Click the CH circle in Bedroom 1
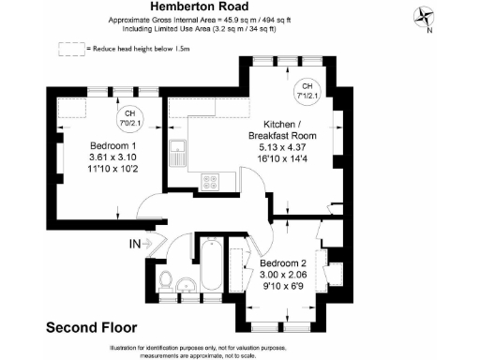[x=127, y=118]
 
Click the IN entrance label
[x=134, y=246]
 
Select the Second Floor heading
[x=91, y=328]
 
